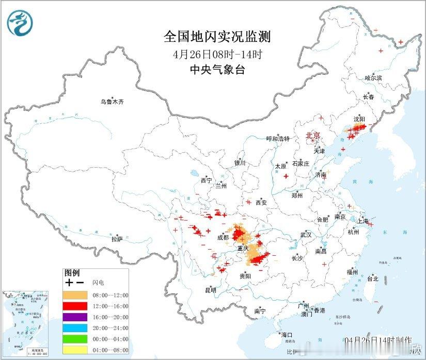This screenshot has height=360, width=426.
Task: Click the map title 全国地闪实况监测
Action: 217,37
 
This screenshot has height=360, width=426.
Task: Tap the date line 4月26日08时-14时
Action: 217,54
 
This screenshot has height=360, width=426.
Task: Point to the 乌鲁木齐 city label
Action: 112,102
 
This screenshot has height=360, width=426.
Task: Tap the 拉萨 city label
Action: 117,239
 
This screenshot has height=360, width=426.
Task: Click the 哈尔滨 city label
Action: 373,78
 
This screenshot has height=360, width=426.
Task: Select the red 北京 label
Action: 313,136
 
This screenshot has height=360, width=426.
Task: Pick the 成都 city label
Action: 223,238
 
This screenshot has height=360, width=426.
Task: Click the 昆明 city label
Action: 211,290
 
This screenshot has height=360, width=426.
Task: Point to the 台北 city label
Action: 372,279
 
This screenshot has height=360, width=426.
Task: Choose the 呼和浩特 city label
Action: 278,139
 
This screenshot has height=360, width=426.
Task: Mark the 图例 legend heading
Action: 72,273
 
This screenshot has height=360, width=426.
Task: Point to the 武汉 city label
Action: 306,235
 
